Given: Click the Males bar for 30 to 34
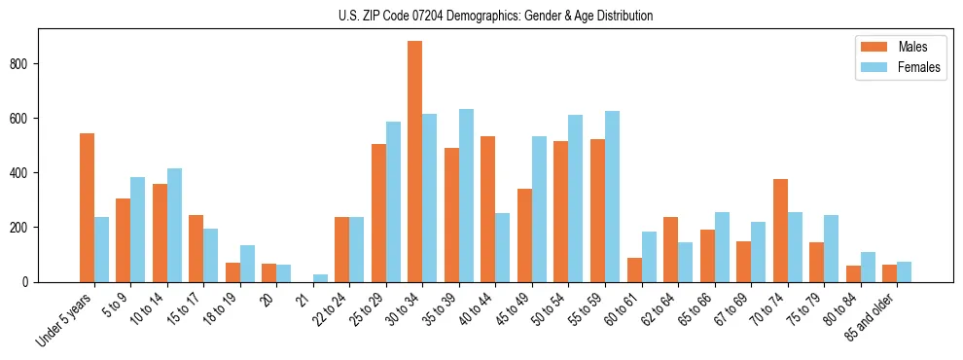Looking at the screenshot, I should (415, 162).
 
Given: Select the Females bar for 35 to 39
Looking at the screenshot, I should (466, 196).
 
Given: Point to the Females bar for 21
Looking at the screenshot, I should (320, 278).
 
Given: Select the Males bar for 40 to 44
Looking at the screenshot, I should (488, 209).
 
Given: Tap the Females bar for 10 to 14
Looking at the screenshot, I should (174, 225).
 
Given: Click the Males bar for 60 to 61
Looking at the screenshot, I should (634, 270).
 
